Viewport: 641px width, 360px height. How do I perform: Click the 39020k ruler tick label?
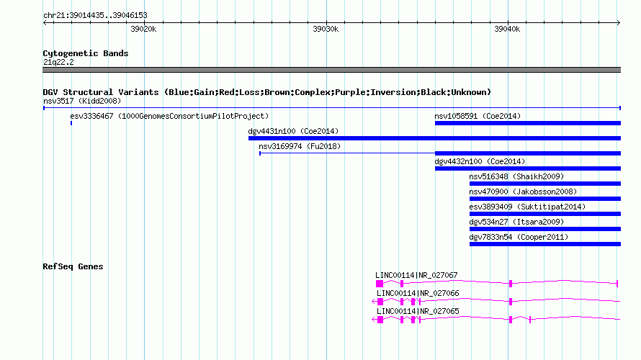click(143, 29)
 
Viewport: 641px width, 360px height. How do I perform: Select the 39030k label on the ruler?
click(326, 29)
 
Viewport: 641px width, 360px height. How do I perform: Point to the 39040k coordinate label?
click(507, 29)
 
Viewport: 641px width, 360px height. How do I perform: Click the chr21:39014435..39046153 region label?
click(95, 16)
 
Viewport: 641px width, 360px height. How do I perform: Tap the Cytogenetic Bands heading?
click(86, 53)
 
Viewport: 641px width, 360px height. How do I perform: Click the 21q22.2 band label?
click(58, 62)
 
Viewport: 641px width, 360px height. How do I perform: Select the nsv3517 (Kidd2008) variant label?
click(82, 101)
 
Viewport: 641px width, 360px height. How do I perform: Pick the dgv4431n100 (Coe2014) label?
click(293, 131)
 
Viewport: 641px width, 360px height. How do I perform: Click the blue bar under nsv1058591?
click(528, 123)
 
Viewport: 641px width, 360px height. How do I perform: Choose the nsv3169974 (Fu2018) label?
click(300, 146)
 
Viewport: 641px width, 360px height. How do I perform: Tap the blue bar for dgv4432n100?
click(528, 168)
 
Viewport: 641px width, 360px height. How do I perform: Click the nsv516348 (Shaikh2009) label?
click(516, 176)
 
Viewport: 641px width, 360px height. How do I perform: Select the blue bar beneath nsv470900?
click(545, 199)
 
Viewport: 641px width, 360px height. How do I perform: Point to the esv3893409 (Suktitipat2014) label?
click(527, 207)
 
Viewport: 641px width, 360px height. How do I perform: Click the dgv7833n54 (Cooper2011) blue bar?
click(545, 244)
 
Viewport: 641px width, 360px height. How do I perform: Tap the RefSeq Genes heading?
click(73, 266)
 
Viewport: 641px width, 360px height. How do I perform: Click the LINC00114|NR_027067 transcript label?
click(416, 276)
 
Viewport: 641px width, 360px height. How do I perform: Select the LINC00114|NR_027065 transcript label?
click(418, 311)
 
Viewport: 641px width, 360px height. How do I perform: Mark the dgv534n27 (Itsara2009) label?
click(516, 222)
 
